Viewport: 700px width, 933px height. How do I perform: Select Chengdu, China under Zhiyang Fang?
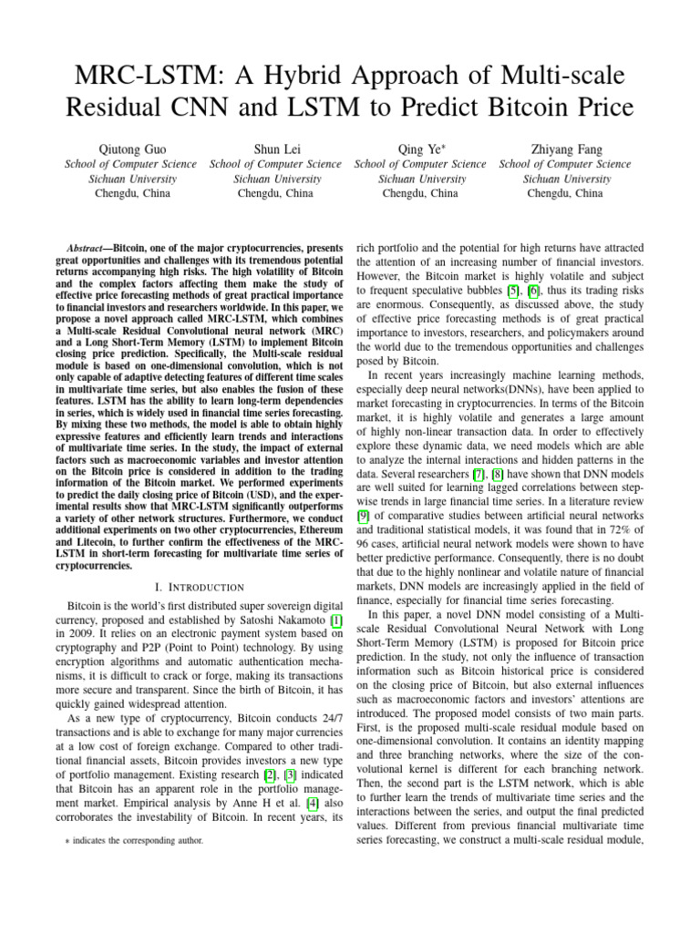[564, 193]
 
